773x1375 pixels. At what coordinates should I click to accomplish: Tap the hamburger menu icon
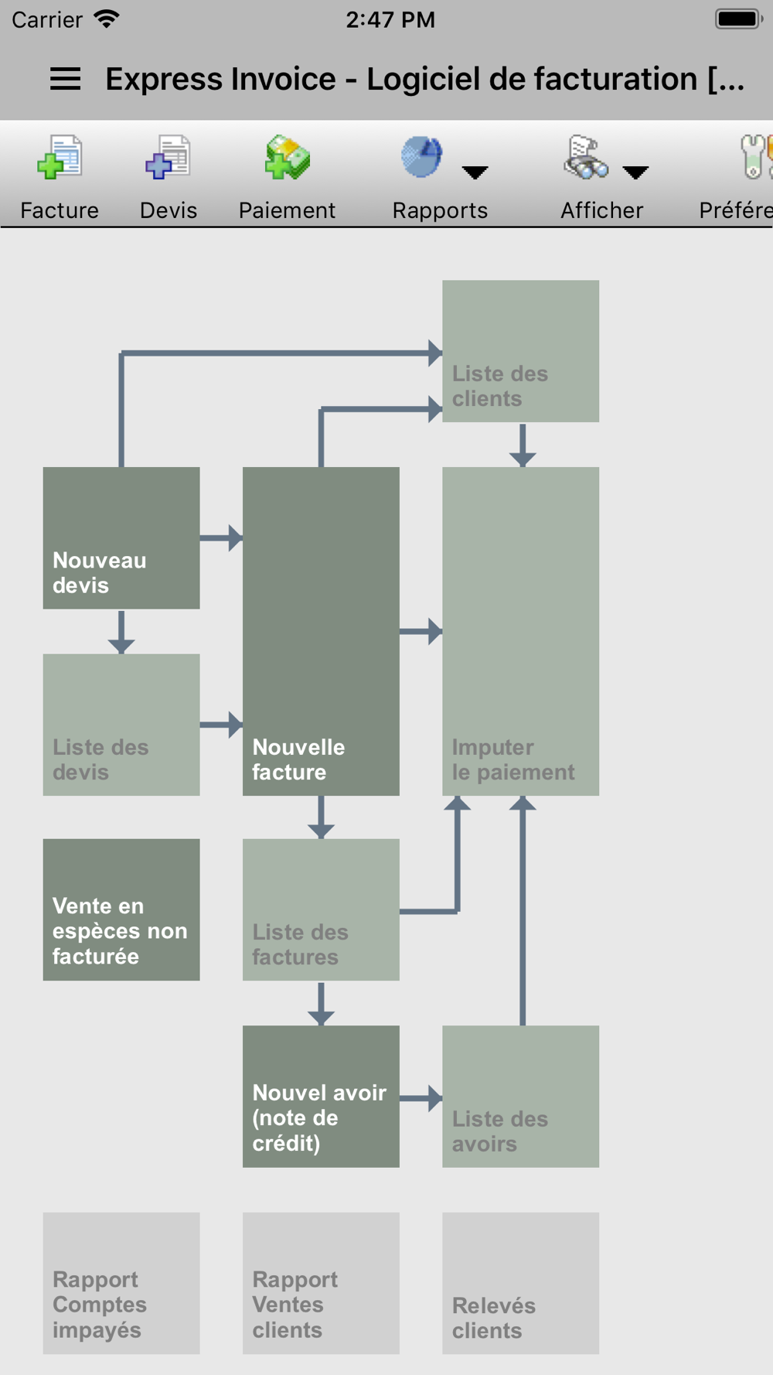[x=65, y=79]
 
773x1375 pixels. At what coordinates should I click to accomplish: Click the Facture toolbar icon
[x=60, y=157]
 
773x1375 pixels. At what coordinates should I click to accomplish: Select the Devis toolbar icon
[x=168, y=157]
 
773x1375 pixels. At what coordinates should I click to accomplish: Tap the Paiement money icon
[x=288, y=157]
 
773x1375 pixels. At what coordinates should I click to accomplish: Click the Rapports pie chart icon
[x=422, y=157]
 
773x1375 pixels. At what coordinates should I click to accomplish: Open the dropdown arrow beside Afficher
[x=635, y=172]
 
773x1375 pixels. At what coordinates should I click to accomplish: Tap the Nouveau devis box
[x=121, y=537]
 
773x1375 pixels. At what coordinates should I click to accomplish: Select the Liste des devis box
[x=121, y=725]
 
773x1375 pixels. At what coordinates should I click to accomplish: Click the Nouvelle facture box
[x=321, y=631]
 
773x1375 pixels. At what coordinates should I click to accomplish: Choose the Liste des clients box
[x=520, y=351]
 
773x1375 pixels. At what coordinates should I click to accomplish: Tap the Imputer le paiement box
[x=520, y=631]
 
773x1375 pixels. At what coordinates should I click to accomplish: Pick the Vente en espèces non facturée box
[x=121, y=909]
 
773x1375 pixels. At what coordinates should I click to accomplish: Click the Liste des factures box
[x=321, y=909]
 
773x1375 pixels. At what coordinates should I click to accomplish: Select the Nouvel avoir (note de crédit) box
[x=321, y=1096]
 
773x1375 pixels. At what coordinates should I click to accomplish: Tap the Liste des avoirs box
[x=520, y=1096]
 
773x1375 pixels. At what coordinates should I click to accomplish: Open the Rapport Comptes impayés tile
[x=121, y=1283]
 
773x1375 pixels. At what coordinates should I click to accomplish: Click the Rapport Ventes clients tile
[x=321, y=1283]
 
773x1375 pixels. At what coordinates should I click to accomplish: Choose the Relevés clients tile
[x=520, y=1283]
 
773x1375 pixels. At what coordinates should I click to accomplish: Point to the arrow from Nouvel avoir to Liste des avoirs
[x=421, y=1097]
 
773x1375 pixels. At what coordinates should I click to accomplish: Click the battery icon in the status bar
[x=739, y=19]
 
